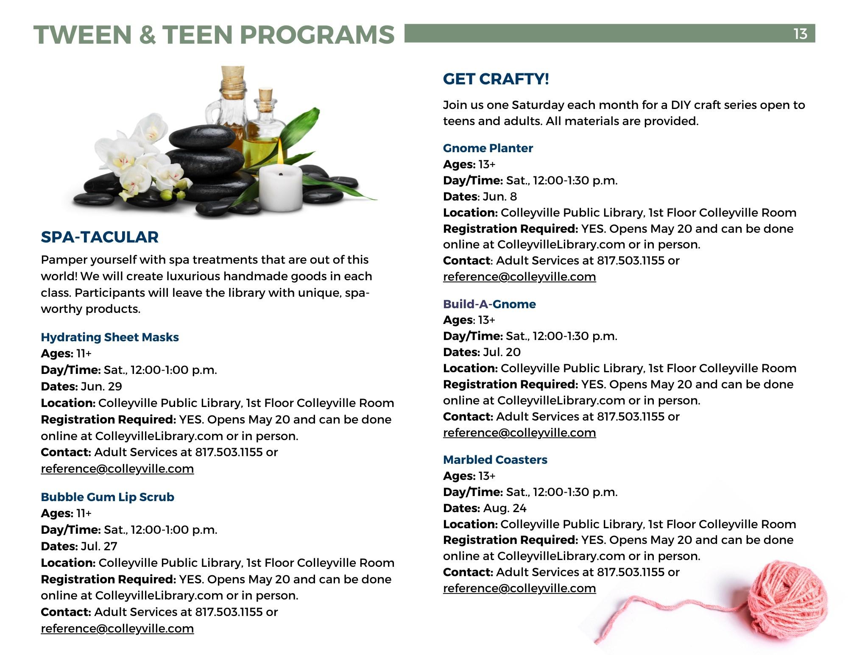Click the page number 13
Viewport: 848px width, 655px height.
coord(800,33)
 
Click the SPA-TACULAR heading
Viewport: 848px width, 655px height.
coord(100,237)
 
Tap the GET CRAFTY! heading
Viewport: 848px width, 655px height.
coord(496,79)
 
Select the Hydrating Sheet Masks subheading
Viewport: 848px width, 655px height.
coord(110,337)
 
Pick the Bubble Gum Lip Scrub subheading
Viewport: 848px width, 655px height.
coord(107,497)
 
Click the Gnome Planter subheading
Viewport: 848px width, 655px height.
coord(488,148)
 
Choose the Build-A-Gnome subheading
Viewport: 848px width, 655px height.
coord(489,304)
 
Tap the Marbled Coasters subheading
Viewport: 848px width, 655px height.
coord(495,460)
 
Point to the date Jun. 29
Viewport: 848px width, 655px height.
coord(101,387)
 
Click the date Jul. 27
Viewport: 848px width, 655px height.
coord(99,546)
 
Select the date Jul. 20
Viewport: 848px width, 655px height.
coord(502,352)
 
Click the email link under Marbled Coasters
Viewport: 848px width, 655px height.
coord(519,588)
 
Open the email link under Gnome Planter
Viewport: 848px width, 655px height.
coord(519,277)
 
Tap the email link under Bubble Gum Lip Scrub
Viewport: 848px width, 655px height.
coord(117,628)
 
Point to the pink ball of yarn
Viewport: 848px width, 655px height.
coord(787,598)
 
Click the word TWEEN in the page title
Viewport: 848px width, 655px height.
coord(83,34)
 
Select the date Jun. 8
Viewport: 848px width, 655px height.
coord(500,197)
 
